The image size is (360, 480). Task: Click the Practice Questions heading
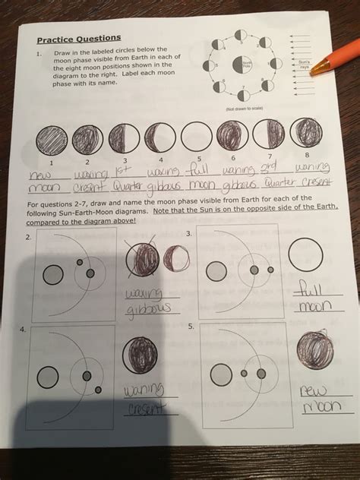coord(78,38)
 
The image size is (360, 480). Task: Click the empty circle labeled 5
coord(195,137)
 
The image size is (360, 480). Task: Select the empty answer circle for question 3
coord(308,251)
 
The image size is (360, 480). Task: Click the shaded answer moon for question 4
coord(139,355)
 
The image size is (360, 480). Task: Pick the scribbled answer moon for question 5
coord(314,349)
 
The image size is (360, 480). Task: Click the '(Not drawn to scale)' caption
coord(245,109)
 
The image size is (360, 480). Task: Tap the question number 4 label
coord(25,330)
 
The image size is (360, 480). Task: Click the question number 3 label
coord(189,235)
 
